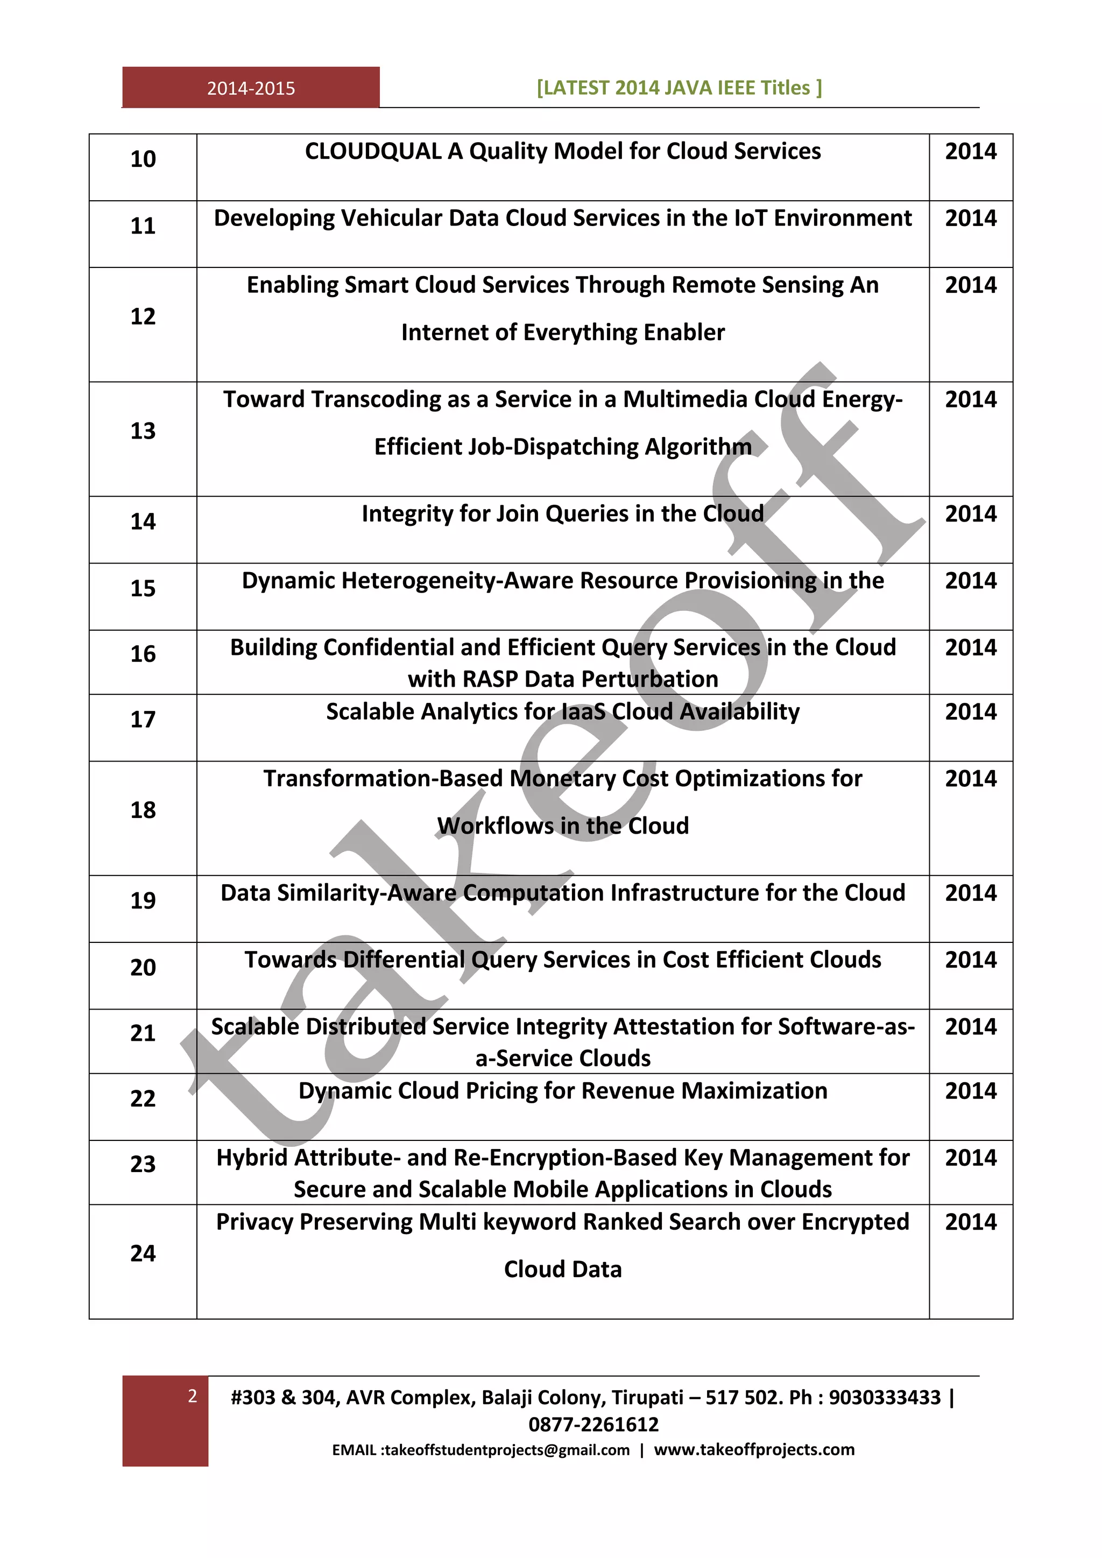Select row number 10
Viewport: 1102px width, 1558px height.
click(143, 159)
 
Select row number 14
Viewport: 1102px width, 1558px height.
click(143, 521)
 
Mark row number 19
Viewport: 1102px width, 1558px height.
click(143, 900)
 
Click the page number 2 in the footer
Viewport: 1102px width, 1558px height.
click(193, 1397)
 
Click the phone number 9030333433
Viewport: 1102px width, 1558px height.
click(885, 1398)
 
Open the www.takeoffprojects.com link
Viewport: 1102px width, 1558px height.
click(754, 1450)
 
